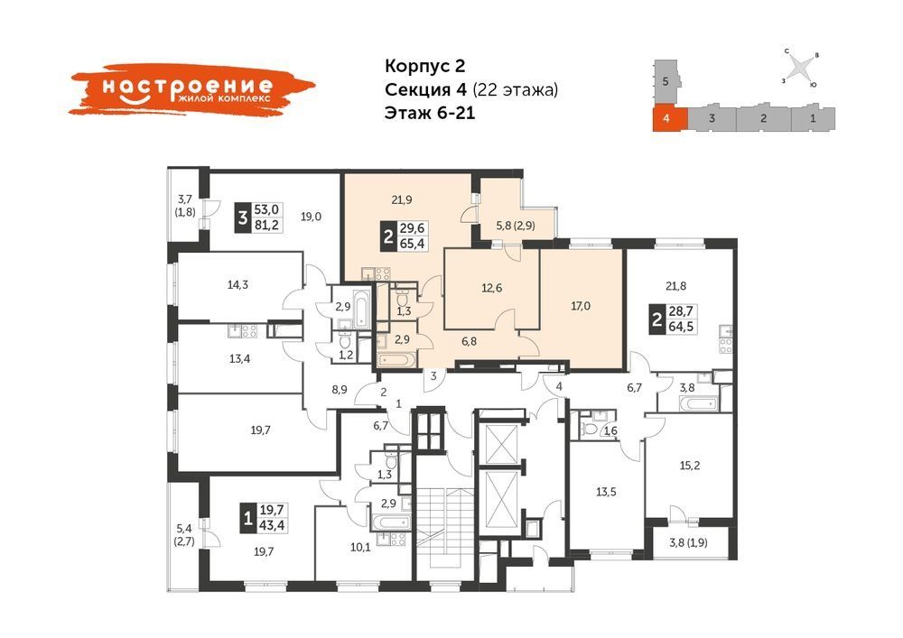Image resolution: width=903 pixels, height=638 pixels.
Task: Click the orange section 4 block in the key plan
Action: click(x=670, y=118)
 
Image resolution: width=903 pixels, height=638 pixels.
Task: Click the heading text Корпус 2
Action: click(x=424, y=66)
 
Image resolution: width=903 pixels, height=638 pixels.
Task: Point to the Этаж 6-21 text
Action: click(x=430, y=113)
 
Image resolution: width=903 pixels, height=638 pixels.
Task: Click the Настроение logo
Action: click(x=192, y=88)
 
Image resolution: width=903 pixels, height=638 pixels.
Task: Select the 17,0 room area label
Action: click(x=581, y=306)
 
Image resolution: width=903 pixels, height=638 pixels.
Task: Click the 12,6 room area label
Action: click(x=491, y=288)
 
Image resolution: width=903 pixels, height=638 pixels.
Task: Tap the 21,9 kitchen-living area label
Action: click(x=402, y=200)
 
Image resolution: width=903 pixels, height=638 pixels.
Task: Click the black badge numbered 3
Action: click(x=243, y=218)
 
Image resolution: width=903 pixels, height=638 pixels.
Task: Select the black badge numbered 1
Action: click(x=248, y=518)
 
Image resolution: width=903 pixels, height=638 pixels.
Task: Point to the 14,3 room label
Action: click(x=237, y=284)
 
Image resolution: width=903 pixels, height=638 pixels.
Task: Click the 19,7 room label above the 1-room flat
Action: click(x=260, y=430)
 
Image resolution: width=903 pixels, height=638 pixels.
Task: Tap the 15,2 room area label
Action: click(x=690, y=466)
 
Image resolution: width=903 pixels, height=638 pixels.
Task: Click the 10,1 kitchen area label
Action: click(x=360, y=547)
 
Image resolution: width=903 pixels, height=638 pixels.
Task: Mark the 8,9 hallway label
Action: click(x=340, y=389)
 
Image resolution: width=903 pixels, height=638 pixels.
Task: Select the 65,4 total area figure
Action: click(x=412, y=244)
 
